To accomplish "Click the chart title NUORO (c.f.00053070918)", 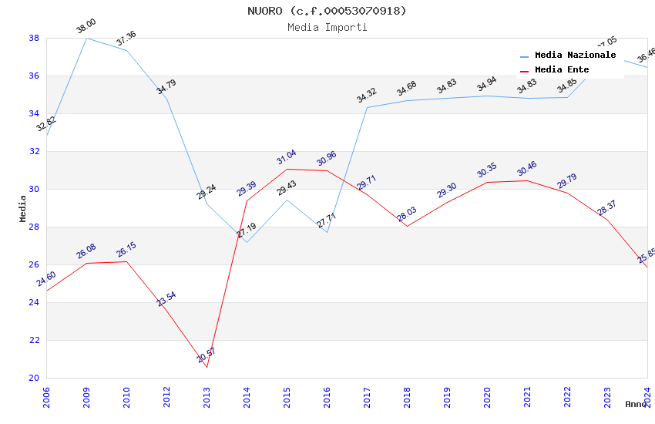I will [x=327, y=11].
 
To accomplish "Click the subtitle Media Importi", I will [x=327, y=27].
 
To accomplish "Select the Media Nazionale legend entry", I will [x=575, y=56].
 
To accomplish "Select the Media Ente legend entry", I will [x=562, y=69].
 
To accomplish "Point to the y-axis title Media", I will [x=23, y=208].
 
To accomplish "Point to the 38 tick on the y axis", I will [x=34, y=38].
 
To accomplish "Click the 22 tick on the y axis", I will [x=34, y=340].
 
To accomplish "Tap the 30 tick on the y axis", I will [x=34, y=189].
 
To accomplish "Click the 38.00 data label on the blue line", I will [x=86, y=28].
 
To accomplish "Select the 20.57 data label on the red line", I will [x=207, y=355].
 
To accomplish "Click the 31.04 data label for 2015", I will [x=287, y=159].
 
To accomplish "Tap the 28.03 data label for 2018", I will [x=407, y=214].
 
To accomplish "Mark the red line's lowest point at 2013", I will [x=207, y=367].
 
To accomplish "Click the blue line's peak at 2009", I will [x=86, y=38].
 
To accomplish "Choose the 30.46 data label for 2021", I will [x=527, y=169].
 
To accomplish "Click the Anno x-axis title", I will [x=636, y=404].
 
